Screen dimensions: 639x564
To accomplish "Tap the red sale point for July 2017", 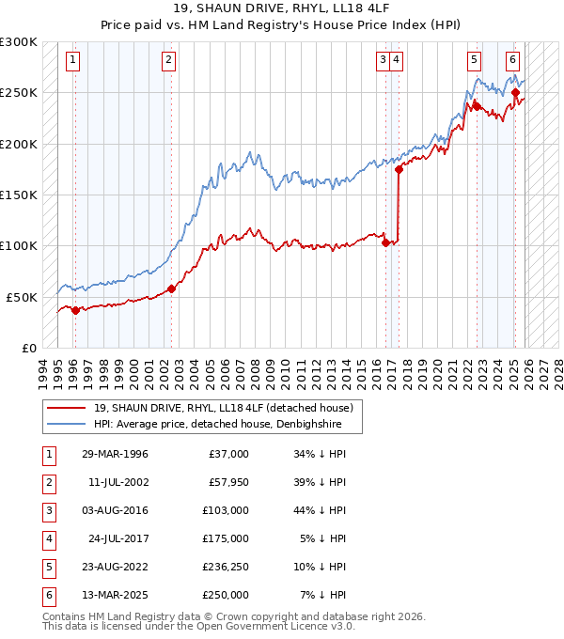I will (399, 170).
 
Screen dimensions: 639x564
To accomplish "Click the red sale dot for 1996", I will (75, 311).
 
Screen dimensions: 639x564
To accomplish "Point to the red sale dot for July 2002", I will (171, 289).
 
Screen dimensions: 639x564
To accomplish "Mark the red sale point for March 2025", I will (516, 93).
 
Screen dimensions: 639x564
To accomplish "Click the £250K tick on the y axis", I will (18, 93).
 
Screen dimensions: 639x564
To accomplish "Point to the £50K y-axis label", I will (22, 297).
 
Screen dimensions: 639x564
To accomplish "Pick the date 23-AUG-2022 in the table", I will (114, 567).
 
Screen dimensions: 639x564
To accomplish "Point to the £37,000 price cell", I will (227, 454).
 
